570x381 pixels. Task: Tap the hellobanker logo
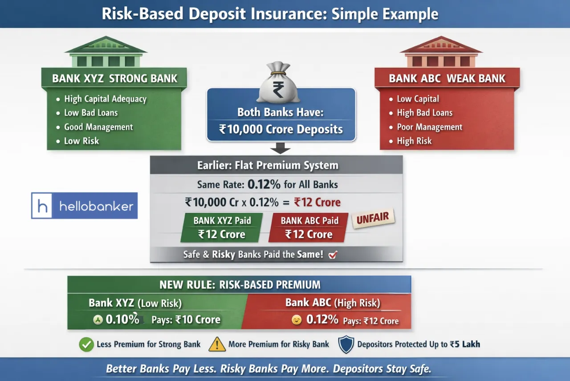click(x=85, y=206)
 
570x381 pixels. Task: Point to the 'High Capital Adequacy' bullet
click(x=105, y=99)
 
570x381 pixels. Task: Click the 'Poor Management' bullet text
click(x=429, y=127)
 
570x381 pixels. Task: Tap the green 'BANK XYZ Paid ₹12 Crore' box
click(x=222, y=228)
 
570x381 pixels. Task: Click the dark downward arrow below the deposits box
click(x=281, y=149)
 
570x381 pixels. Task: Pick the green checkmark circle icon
click(x=86, y=344)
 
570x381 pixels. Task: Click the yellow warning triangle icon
click(x=217, y=344)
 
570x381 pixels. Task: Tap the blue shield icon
click(x=346, y=344)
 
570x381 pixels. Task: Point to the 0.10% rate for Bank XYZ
click(x=122, y=320)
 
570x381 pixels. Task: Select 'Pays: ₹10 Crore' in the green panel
click(x=186, y=320)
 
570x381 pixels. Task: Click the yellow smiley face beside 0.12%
click(x=297, y=320)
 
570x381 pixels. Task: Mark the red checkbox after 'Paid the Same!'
click(x=333, y=255)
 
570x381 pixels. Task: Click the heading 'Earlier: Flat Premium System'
click(x=268, y=166)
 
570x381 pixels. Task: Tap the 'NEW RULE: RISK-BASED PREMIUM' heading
click(x=240, y=285)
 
